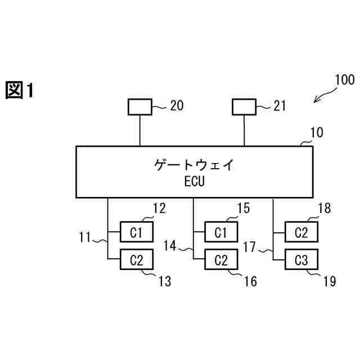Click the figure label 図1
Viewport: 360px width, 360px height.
[20, 90]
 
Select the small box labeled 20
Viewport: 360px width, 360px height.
[139, 106]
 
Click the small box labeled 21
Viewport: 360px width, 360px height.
[244, 106]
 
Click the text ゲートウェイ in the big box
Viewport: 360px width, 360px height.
[193, 165]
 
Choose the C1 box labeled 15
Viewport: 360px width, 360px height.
[220, 231]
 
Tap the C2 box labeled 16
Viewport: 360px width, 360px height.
[220, 260]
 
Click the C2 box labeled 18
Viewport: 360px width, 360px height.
[301, 231]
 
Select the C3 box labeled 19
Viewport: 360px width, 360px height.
[301, 260]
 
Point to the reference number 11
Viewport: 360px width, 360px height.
[85, 237]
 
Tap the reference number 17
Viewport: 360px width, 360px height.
[251, 246]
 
